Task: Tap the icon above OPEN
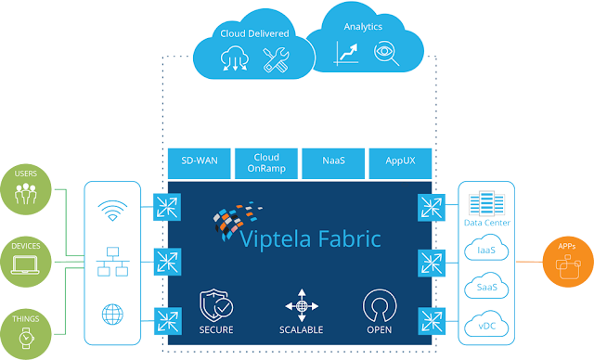point(377,304)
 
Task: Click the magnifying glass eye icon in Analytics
point(385,55)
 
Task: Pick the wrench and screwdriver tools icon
point(277,60)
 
